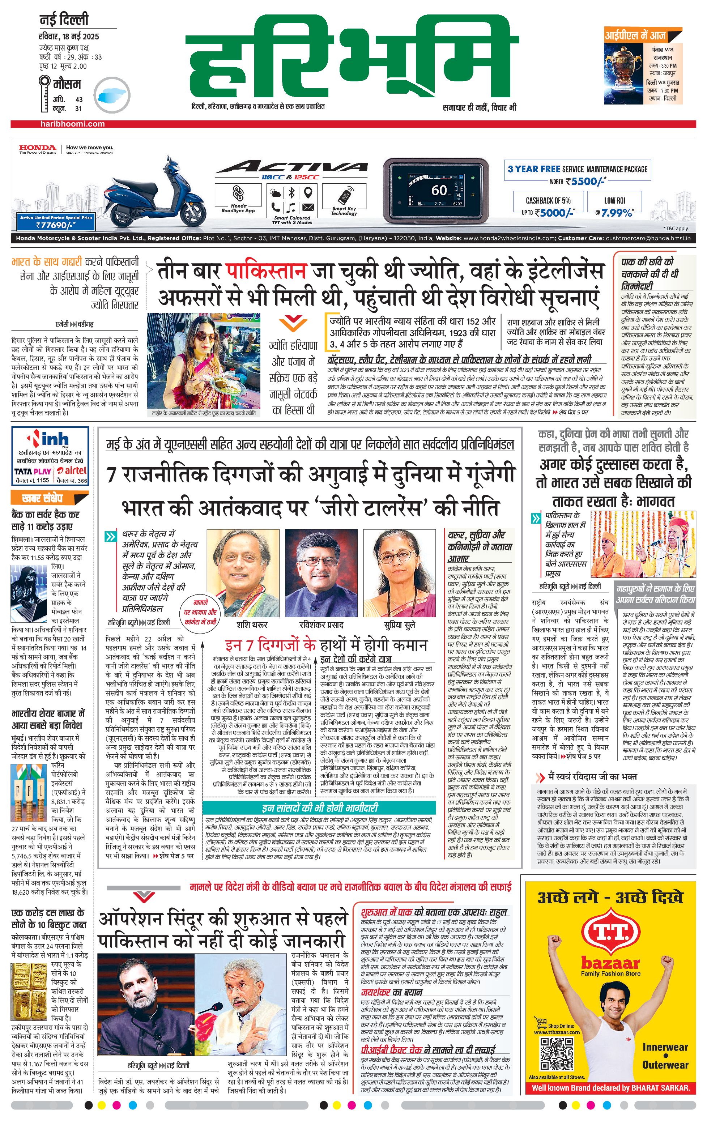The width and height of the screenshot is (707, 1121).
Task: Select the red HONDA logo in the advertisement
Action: pyautogui.click(x=37, y=148)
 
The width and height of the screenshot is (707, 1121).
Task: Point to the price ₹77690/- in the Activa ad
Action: pyautogui.click(x=56, y=225)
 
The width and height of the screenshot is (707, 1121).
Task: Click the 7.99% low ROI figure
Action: pyautogui.click(x=617, y=213)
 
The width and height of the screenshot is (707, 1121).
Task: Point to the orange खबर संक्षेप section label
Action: pyautogui.click(x=43, y=498)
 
